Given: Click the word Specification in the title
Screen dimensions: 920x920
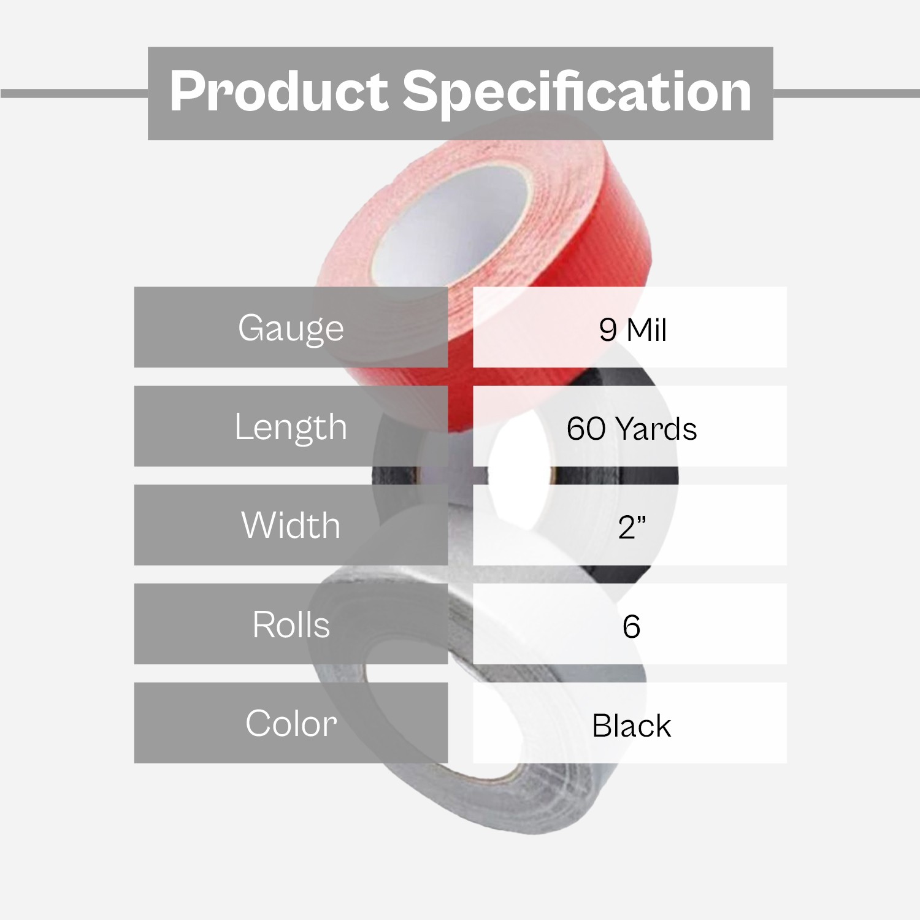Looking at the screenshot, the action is pyautogui.click(x=577, y=92).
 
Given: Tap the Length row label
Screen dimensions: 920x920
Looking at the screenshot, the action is pyautogui.click(x=291, y=427).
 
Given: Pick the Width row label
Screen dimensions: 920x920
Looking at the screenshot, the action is pyautogui.click(x=291, y=526).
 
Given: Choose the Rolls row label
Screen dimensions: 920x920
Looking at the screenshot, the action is pyautogui.click(x=291, y=625).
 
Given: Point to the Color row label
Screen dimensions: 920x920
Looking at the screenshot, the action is pyautogui.click(x=291, y=724).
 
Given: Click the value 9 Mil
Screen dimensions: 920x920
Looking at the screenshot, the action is pyautogui.click(x=632, y=330).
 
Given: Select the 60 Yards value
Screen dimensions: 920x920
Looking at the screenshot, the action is pyautogui.click(x=632, y=429).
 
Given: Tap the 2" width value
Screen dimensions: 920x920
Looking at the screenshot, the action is pyautogui.click(x=632, y=527).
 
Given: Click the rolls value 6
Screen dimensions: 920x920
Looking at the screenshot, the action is pyautogui.click(x=631, y=626).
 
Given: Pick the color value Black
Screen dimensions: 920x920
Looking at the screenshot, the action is pyautogui.click(x=631, y=726).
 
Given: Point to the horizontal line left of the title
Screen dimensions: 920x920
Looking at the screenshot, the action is pyautogui.click(x=74, y=93).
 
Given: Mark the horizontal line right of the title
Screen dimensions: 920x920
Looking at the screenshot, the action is pyautogui.click(x=846, y=93).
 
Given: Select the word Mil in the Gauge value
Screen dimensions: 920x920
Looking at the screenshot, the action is pyautogui.click(x=646, y=330).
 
